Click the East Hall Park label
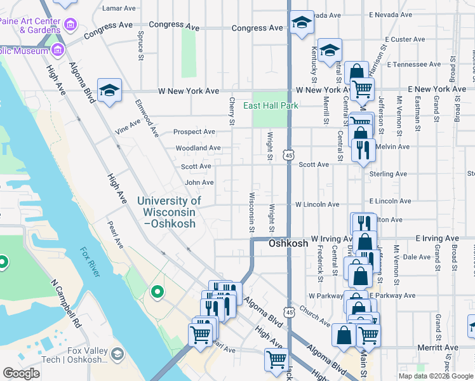pos(271,105)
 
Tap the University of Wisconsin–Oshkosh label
pos(169,212)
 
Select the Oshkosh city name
pos(288,243)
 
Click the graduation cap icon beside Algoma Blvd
pos(109,90)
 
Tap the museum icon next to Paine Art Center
pos(70,25)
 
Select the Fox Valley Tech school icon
pos(117,353)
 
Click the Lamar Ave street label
pos(119,9)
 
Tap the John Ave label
pos(199,182)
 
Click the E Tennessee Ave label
pos(415,65)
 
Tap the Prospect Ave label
pos(195,132)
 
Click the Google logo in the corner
pos(21,373)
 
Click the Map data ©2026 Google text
pos(435,376)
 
